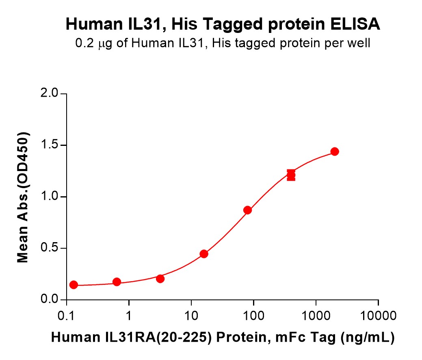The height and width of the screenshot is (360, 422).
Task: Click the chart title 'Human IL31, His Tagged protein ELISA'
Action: click(x=223, y=25)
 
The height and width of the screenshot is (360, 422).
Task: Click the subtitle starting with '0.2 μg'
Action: click(x=223, y=43)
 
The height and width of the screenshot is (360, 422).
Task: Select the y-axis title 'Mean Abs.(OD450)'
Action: click(x=23, y=197)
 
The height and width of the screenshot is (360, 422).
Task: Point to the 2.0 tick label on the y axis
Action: click(x=51, y=94)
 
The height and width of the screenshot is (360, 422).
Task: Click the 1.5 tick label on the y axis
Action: click(x=51, y=145)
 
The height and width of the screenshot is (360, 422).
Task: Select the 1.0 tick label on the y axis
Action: click(x=51, y=197)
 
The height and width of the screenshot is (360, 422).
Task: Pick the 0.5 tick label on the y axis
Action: click(x=51, y=248)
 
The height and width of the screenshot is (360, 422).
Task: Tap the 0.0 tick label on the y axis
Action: click(x=51, y=300)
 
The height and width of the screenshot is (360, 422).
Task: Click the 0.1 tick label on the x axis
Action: click(x=66, y=315)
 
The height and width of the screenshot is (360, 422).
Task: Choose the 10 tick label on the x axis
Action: click(x=191, y=315)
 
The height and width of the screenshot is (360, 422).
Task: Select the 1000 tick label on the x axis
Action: click(x=316, y=315)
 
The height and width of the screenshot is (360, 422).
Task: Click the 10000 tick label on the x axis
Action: click(x=378, y=315)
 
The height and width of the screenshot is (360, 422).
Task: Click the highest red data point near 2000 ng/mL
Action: click(x=335, y=152)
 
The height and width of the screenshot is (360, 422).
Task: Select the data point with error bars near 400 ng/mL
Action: click(x=291, y=176)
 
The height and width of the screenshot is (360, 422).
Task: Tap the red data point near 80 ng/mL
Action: click(x=247, y=210)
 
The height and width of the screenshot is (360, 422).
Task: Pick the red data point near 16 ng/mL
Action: click(x=204, y=254)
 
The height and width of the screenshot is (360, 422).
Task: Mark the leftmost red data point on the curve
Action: click(x=74, y=285)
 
